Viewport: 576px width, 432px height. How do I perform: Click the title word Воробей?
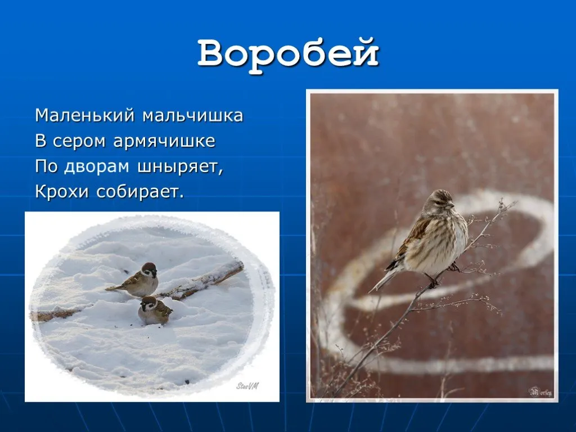click(288, 55)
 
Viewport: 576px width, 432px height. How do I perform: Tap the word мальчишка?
click(193, 115)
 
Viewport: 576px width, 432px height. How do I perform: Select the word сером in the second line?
click(79, 142)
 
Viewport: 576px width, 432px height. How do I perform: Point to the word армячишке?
click(164, 141)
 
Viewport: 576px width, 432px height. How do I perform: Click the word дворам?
click(97, 166)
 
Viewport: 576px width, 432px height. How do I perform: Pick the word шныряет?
click(180, 167)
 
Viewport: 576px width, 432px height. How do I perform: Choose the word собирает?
click(140, 191)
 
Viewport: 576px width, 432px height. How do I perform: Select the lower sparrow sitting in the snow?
click(154, 311)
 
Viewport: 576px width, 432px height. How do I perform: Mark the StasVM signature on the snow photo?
click(247, 386)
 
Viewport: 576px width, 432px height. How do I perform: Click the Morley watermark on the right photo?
click(540, 391)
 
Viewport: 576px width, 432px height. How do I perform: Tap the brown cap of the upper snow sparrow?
click(148, 266)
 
